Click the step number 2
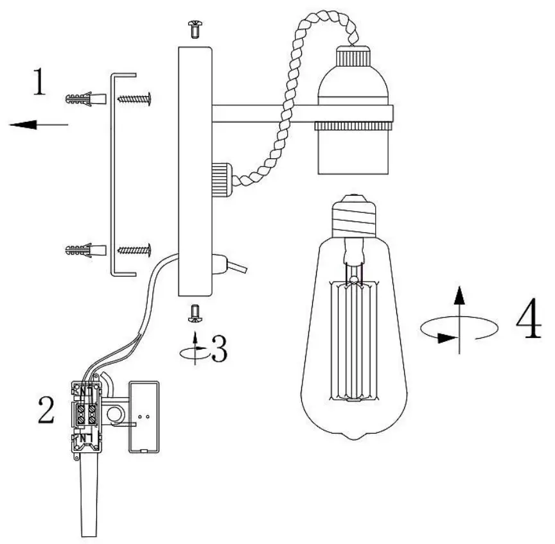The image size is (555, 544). (46, 411)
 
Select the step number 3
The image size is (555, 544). (218, 347)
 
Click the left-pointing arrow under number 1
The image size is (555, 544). (39, 124)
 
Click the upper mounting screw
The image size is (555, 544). (135, 99)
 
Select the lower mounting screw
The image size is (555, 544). (135, 249)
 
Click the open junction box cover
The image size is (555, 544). (145, 416)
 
